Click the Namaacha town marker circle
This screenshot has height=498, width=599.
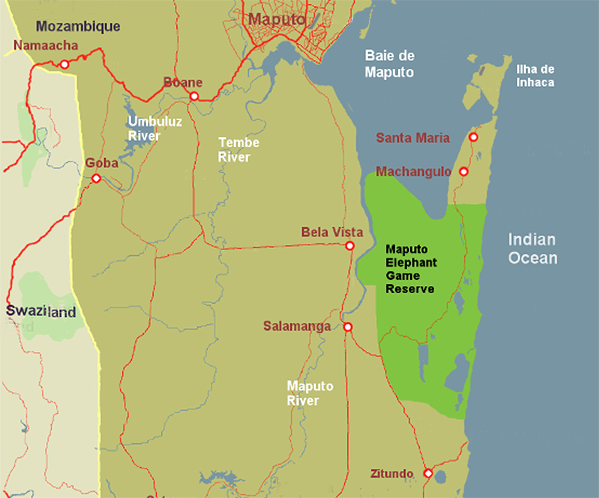pyautogui.click(x=64, y=64)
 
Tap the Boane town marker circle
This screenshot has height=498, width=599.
pyautogui.click(x=194, y=96)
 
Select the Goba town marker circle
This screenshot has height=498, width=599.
pyautogui.click(x=96, y=178)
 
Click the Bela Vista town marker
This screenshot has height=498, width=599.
pyautogui.click(x=349, y=246)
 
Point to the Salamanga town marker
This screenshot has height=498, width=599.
pyautogui.click(x=348, y=327)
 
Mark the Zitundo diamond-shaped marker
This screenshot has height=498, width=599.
pyautogui.click(x=428, y=473)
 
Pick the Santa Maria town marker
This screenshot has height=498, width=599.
pyautogui.click(x=473, y=137)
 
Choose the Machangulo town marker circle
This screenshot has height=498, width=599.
pyautogui.click(x=463, y=172)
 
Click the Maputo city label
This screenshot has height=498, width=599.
pyautogui.click(x=277, y=19)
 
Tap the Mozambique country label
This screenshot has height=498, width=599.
pyautogui.click(x=79, y=26)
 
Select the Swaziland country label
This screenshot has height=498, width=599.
pyautogui.click(x=41, y=312)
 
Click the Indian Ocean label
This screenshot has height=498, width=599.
pyautogui.click(x=532, y=249)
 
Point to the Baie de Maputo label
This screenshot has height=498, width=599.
pyautogui.click(x=389, y=63)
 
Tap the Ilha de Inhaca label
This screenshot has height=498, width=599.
pyautogui.click(x=535, y=76)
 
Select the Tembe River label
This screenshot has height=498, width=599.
pyautogui.click(x=239, y=150)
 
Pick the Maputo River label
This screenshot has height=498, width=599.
pyautogui.click(x=309, y=393)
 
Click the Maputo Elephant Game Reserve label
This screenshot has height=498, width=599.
pyautogui.click(x=411, y=269)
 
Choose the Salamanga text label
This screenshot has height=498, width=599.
pyautogui.click(x=297, y=326)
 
